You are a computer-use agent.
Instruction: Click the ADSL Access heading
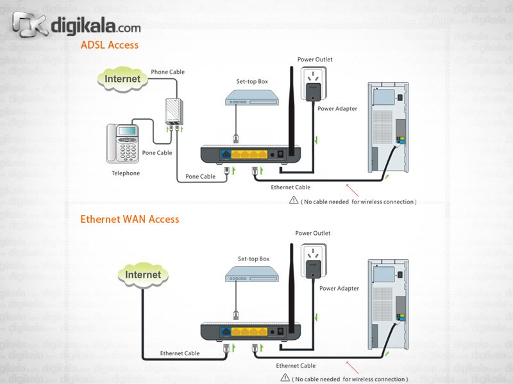pyautogui.click(x=109, y=45)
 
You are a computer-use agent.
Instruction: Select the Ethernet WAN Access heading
pyautogui.click(x=130, y=219)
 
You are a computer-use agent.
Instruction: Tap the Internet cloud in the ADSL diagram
pyautogui.click(x=122, y=79)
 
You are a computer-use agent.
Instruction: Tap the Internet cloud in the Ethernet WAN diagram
pyautogui.click(x=143, y=275)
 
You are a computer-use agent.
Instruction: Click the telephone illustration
pyautogui.click(x=127, y=143)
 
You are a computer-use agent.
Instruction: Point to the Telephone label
pyautogui.click(x=125, y=173)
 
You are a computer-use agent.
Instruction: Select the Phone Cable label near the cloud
pyautogui.click(x=167, y=72)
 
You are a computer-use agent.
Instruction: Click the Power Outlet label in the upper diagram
pyautogui.click(x=315, y=60)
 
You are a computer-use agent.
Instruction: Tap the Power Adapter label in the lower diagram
pyautogui.click(x=339, y=289)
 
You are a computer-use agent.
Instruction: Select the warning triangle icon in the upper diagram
pyautogui.click(x=294, y=201)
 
